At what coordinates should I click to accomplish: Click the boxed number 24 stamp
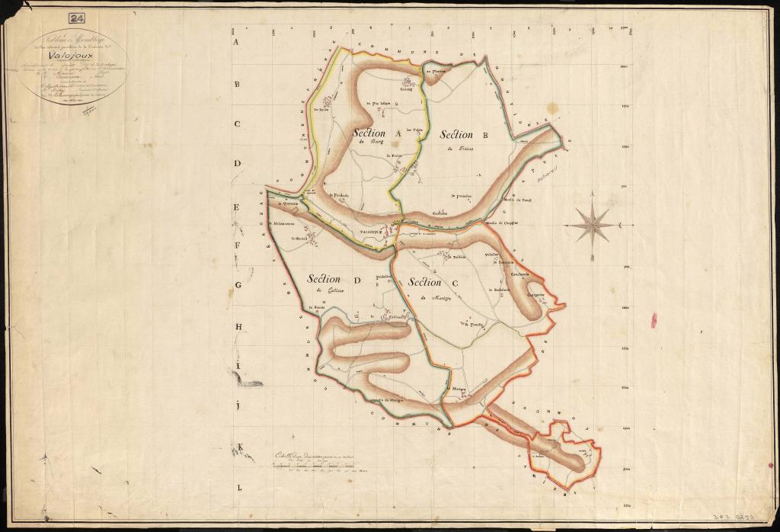click(x=77, y=18)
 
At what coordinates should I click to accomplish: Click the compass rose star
click(x=593, y=224)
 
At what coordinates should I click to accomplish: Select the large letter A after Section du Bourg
click(x=398, y=133)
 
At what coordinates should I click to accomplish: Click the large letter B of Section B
click(x=484, y=135)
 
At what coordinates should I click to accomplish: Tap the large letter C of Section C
click(x=455, y=284)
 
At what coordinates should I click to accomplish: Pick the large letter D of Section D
click(x=355, y=280)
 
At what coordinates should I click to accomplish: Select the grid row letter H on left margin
click(x=238, y=327)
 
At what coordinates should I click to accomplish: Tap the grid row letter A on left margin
click(x=236, y=43)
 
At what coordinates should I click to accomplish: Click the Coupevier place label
click(x=535, y=290)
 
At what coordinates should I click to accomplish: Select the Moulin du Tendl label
click(x=517, y=200)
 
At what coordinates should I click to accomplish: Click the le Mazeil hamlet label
click(x=298, y=239)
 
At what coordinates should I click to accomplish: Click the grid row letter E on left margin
click(x=237, y=207)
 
